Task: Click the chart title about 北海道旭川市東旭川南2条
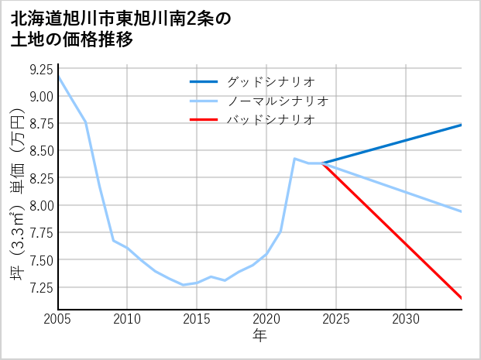121,29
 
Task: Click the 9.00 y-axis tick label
42,97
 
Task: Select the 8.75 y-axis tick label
42,124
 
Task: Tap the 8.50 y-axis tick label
42,151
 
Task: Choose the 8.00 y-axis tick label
42,206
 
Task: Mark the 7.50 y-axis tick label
42,260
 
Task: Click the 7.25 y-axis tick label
42,287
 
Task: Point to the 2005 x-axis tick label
58,319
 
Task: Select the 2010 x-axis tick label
127,319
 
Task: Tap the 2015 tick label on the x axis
197,319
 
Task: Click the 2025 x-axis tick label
336,319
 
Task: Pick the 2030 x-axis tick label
406,319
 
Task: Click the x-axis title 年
260,335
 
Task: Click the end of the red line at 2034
462,298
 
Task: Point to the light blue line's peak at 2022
294,159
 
